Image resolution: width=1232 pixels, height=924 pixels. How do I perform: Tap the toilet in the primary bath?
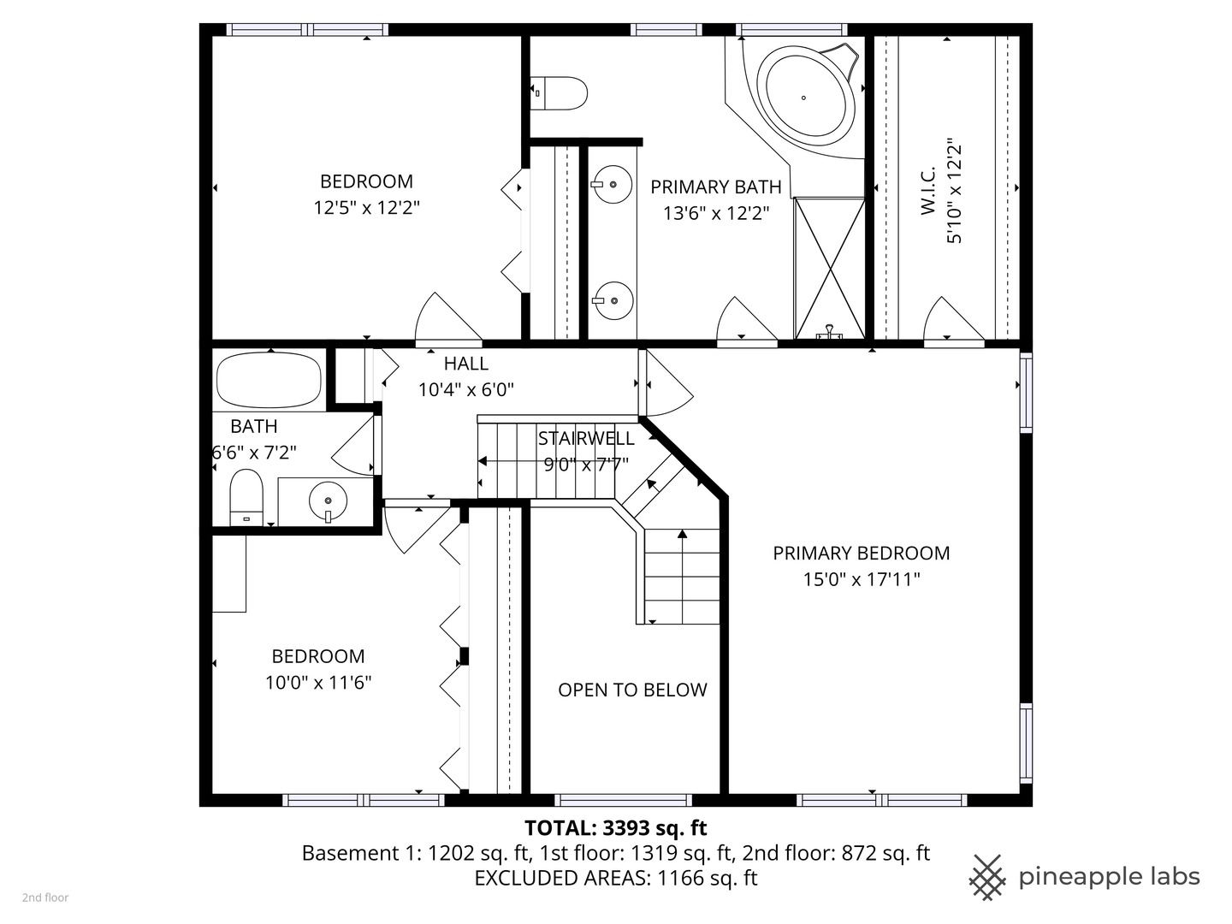[x=560, y=93]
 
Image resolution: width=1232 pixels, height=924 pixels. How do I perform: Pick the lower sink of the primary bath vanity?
[x=612, y=300]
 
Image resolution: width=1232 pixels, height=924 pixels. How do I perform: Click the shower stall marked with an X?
[x=829, y=268]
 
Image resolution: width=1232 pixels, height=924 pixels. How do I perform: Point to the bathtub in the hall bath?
[x=269, y=380]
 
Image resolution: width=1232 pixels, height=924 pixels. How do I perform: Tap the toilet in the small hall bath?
[x=246, y=496]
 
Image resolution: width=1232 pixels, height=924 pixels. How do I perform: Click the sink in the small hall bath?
[x=328, y=500]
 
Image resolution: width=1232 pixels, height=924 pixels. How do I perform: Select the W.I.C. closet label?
[x=929, y=190]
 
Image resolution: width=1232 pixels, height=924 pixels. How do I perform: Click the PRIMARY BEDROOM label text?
[x=861, y=554]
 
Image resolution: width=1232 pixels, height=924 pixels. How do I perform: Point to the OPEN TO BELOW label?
[x=632, y=690]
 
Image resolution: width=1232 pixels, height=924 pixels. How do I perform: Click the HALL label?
[x=465, y=364]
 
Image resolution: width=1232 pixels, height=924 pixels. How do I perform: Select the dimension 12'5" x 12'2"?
[x=366, y=208]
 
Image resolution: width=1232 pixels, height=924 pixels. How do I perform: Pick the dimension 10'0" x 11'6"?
[x=318, y=683]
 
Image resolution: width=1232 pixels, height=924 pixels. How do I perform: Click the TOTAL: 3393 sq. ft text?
[x=615, y=828]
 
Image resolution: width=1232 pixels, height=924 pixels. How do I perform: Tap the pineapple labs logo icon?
[x=987, y=877]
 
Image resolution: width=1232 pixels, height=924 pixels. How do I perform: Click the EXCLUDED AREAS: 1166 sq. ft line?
[x=615, y=878]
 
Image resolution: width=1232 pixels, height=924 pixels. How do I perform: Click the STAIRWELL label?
[x=586, y=439]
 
